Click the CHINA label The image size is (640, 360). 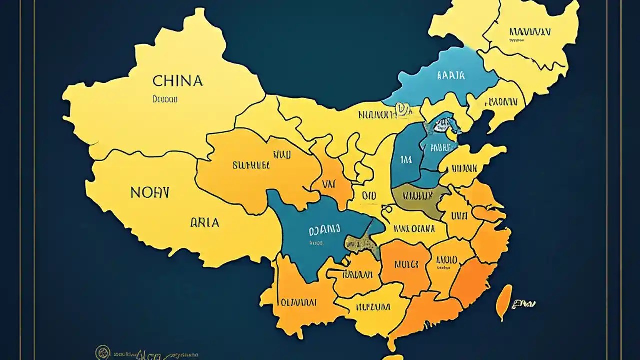tap(177, 81)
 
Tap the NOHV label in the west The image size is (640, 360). tap(150, 192)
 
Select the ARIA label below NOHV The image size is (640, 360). tap(205, 223)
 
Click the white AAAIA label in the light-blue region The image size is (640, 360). tap(450, 76)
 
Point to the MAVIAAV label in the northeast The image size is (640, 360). tap(530, 32)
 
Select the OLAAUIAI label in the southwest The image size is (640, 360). tap(298, 302)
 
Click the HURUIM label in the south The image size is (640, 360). tap(372, 306)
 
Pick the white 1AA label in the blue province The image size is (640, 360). tap(406, 160)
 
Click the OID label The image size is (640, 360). tap(369, 196)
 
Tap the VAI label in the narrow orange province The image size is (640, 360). tap(328, 184)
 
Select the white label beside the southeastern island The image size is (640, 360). tap(524, 303)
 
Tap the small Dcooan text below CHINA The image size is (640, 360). tap(165, 99)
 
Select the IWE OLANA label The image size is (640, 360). tap(413, 229)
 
